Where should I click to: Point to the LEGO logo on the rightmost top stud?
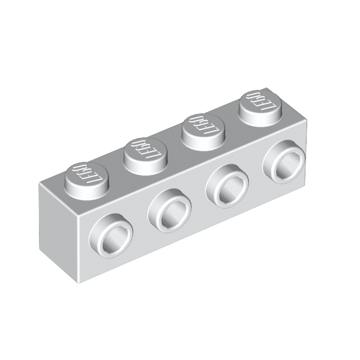(x=257, y=101)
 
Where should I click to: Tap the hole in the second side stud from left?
(x=172, y=213)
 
